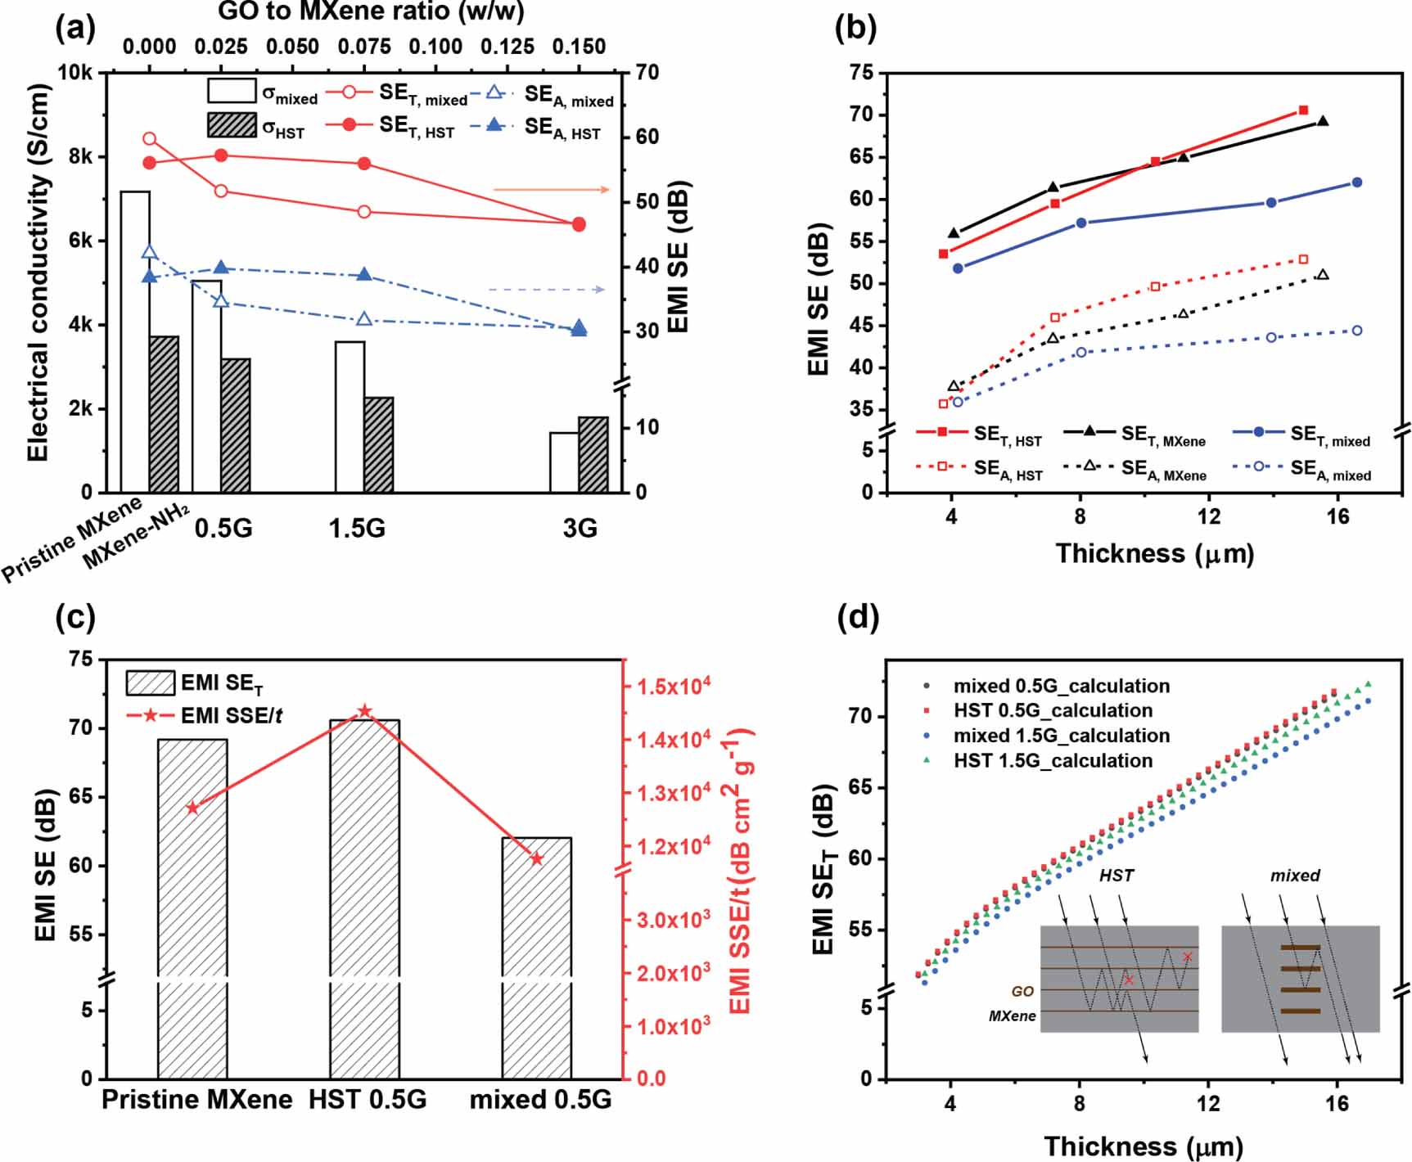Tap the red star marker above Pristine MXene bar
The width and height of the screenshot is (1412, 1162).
pyautogui.click(x=192, y=808)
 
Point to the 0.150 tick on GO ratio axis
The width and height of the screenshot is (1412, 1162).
pyautogui.click(x=579, y=47)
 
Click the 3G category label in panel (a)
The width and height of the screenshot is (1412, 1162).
pyautogui.click(x=580, y=529)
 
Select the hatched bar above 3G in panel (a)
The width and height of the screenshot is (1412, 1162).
pyautogui.click(x=593, y=455)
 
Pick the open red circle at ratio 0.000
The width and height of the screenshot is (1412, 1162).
pyautogui.click(x=149, y=139)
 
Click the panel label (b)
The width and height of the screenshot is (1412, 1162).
pyautogui.click(x=855, y=29)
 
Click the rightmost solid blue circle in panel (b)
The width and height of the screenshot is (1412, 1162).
pyautogui.click(x=1356, y=182)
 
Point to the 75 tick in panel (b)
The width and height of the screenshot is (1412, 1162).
pyautogui.click(x=862, y=72)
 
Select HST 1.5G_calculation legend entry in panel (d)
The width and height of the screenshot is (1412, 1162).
pyautogui.click(x=1052, y=760)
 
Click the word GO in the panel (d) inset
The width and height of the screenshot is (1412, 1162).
pyautogui.click(x=1022, y=991)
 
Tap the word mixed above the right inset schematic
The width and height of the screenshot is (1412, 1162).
pyautogui.click(x=1295, y=876)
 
